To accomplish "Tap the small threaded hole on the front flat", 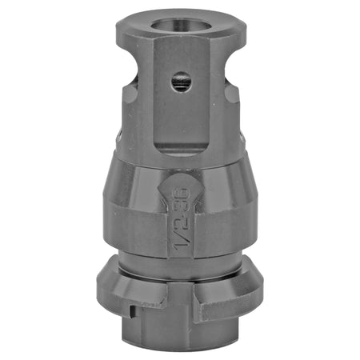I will click(181, 80).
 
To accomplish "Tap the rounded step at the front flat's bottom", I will click(181, 149).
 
